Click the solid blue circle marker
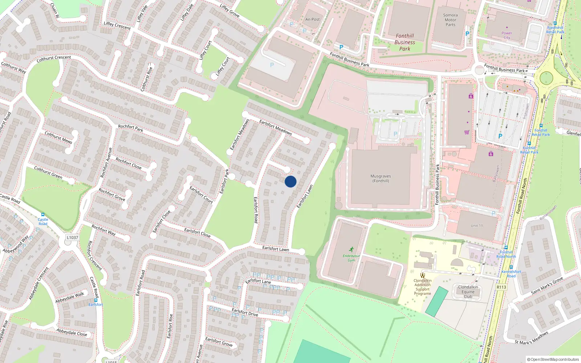(290, 181)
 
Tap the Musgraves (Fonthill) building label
(381, 178)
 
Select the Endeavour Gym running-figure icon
(351, 249)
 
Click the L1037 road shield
(72, 237)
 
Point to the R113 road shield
(501, 287)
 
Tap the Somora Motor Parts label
(450, 20)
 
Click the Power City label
(507, 35)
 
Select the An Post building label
(312, 20)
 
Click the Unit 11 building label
(477, 225)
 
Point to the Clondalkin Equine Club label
(468, 292)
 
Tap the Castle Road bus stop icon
(43, 215)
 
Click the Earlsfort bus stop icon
(96, 300)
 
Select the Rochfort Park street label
(131, 128)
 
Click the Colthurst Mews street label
(58, 137)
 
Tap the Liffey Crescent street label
(117, 25)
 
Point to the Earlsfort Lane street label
(258, 281)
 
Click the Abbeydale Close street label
(72, 332)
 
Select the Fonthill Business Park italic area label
(405, 42)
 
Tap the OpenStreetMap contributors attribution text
(553, 359)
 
